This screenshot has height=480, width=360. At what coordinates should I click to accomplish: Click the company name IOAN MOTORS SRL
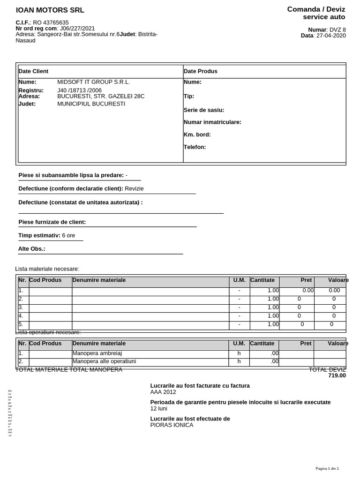coord(50,10)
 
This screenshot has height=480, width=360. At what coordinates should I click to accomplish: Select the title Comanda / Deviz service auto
coord(316,13)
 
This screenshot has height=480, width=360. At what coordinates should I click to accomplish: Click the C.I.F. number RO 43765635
coord(51,22)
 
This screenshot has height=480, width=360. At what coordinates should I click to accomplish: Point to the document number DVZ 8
coord(337,30)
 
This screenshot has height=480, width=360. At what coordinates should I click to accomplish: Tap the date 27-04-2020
coord(331,36)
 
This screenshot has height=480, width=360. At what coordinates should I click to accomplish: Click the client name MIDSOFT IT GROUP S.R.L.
coord(93,82)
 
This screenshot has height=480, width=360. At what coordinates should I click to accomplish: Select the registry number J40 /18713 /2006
coord(79,90)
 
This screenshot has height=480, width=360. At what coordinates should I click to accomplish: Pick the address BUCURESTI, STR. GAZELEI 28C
coord(101,96)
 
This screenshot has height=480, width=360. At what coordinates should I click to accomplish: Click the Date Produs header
coord(201,71)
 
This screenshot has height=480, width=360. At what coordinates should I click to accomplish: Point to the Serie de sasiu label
coord(204,110)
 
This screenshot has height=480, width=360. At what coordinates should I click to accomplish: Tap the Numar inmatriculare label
coord(212,122)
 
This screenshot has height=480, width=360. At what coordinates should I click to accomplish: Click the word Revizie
coord(134,188)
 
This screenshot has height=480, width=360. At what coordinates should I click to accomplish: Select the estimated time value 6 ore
coord(68,235)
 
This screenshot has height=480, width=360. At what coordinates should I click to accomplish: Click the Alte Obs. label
coord(32,249)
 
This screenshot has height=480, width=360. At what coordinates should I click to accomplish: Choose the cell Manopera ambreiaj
coord(97,353)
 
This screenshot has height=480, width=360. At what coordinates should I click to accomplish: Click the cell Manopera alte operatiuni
coord(104,361)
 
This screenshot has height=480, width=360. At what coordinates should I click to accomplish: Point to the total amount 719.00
coord(337,375)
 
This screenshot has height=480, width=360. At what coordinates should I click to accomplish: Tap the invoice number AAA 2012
coord(163,392)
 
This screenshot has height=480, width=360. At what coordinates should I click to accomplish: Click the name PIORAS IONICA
coord(172,425)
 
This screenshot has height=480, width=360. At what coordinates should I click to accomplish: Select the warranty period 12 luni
coord(158,409)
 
